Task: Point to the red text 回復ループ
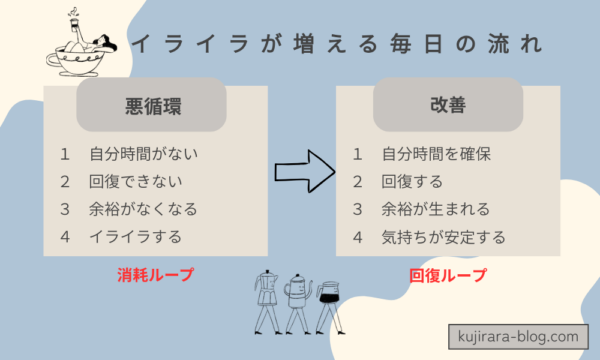(446, 272)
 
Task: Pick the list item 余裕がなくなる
(144, 210)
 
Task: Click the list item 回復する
(412, 182)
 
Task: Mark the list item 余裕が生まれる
(437, 210)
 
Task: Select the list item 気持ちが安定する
(444, 237)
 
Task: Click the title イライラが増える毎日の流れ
(337, 44)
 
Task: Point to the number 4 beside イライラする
(65, 237)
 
